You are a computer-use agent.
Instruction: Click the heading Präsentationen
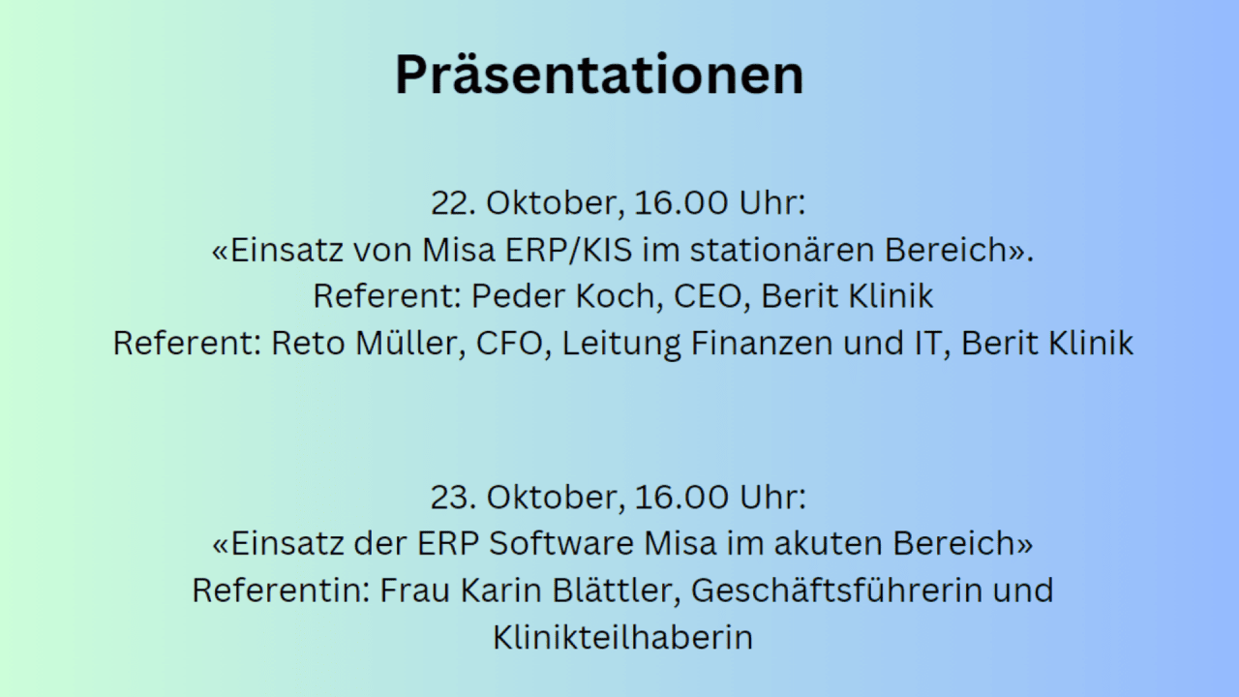click(599, 75)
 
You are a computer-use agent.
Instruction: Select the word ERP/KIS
click(568, 250)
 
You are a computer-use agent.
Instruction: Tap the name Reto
click(308, 343)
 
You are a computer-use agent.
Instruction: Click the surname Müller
click(409, 343)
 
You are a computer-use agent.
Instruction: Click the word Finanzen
click(762, 343)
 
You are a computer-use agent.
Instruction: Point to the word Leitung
click(621, 344)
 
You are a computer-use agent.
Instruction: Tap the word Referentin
click(281, 590)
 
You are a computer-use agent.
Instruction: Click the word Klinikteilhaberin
click(622, 637)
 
